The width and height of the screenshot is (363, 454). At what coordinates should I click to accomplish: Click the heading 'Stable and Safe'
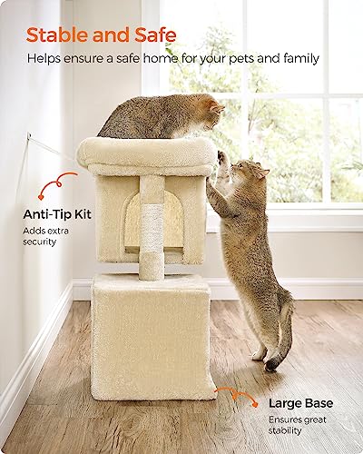(x=101, y=35)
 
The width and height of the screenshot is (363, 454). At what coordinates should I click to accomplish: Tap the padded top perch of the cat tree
(x=145, y=154)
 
